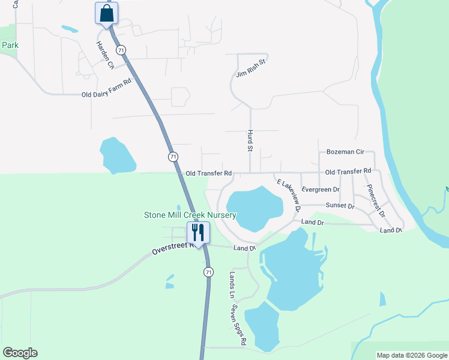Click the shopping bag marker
(106, 13)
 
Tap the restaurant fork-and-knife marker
(198, 232)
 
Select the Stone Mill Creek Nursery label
(190, 215)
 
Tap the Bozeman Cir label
(345, 152)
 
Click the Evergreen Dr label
(321, 190)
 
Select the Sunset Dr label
(340, 206)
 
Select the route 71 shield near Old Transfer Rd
(173, 157)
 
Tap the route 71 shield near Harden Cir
(122, 50)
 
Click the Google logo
(20, 353)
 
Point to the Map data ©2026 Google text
(412, 355)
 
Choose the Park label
(10, 45)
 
